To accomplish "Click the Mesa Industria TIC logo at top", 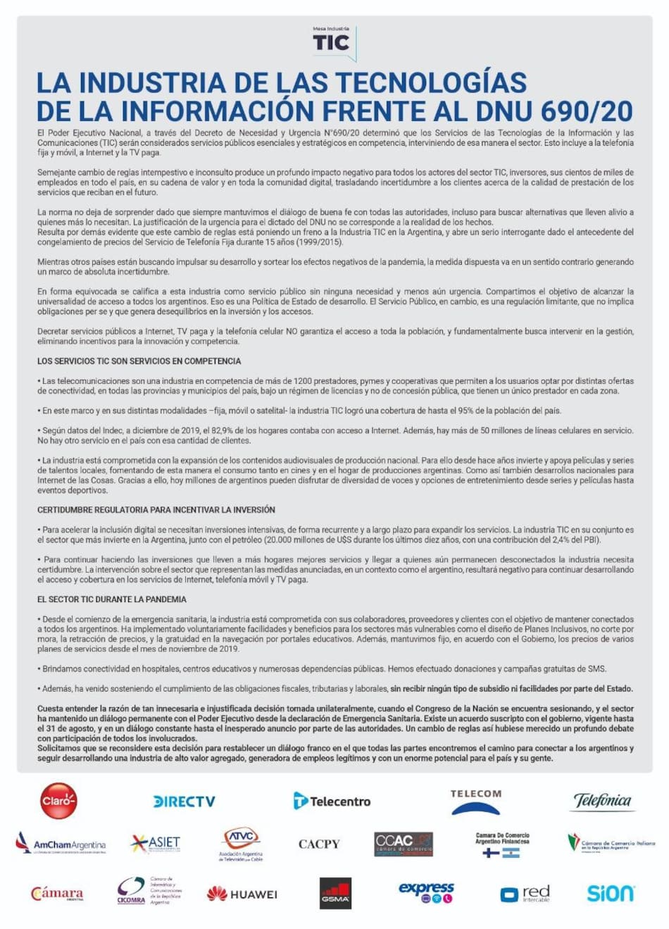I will pos(334,42).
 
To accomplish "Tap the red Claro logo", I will pos(58,801).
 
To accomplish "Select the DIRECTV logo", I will pos(184,802).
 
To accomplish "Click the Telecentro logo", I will pos(332,801).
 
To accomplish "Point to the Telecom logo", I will pos(476,802).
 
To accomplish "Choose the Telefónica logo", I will pos(602,801).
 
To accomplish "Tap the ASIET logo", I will pos(156,843).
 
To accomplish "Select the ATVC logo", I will pos(241,843).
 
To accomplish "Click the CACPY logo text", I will pos(319,844).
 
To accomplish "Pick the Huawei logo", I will pos(242,894).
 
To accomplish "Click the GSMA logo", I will pos(335,893).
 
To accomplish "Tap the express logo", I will pos(427,892).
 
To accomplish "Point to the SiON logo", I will pos(611,894).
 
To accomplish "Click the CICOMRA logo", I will pos(149,891).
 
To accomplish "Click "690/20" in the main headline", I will pos(588,111).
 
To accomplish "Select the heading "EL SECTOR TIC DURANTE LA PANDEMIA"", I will pos(112,599).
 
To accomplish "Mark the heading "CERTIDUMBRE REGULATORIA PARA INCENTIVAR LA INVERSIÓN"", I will pos(156,510).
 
